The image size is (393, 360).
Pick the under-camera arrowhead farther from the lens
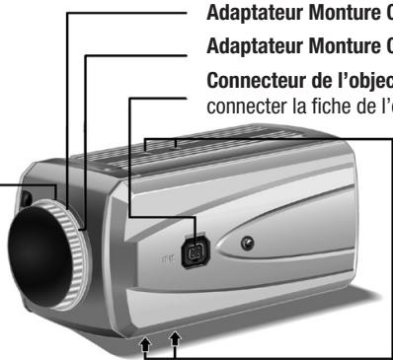coord(176,341)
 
